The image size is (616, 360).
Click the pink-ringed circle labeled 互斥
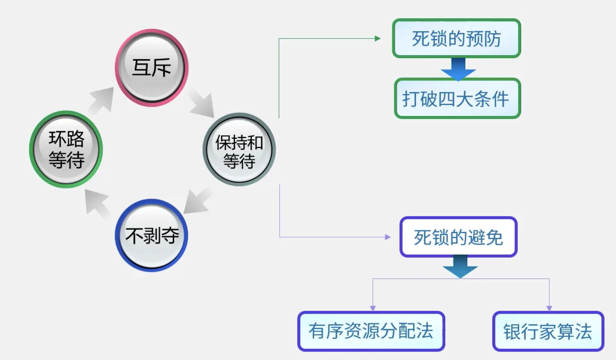coord(152,68)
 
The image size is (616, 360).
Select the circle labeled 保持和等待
coord(239,149)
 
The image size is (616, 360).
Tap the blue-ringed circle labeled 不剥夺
coord(152,235)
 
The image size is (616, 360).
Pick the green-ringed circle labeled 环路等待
coord(66,149)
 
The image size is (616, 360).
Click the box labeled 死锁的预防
coord(456,38)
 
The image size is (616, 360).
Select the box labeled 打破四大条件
coord(457,99)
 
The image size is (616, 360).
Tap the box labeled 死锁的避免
coord(458,237)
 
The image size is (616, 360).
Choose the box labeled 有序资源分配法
coord(371,331)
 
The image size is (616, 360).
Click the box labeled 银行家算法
coord(548,331)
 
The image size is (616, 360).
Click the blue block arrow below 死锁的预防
coord(458,69)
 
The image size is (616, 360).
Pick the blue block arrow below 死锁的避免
coord(460,267)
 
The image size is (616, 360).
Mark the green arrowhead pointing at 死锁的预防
coord(378,38)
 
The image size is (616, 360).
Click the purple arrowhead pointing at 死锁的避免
coord(387,237)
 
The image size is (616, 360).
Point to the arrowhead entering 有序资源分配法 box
coord(373,308)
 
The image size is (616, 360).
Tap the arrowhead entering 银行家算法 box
coord(549,308)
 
